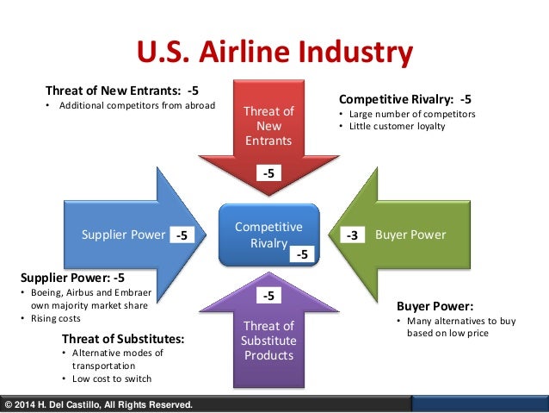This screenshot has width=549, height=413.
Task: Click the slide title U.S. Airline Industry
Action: (x=274, y=53)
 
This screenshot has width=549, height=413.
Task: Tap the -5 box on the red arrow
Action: (x=268, y=173)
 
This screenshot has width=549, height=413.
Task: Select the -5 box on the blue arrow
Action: (x=182, y=235)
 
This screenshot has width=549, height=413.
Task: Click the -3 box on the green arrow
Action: (x=353, y=235)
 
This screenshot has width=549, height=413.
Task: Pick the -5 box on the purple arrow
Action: (x=268, y=296)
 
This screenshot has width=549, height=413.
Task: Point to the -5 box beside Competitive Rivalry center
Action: (x=302, y=254)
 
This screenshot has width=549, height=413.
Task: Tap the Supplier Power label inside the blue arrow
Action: (x=122, y=235)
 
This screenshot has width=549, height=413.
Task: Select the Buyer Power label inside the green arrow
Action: (x=416, y=235)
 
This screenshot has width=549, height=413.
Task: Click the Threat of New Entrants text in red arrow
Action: (x=268, y=126)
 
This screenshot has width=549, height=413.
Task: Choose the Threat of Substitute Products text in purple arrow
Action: (x=268, y=340)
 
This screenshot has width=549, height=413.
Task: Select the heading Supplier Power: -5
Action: (x=72, y=278)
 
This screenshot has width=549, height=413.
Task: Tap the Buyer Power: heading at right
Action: (x=435, y=305)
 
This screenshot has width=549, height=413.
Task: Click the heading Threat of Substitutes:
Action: (x=124, y=338)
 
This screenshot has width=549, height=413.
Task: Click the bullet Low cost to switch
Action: (x=112, y=379)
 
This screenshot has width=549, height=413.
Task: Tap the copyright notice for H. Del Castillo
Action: (x=98, y=404)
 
